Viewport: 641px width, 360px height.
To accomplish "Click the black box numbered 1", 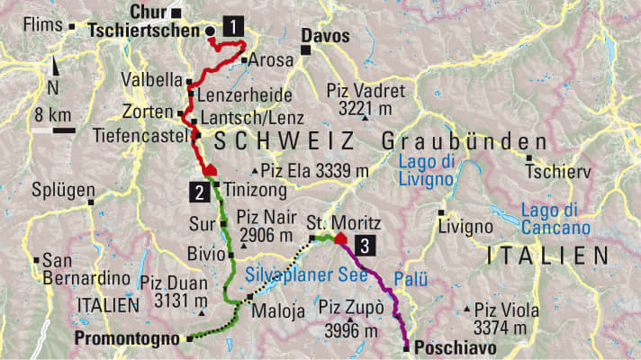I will pos(234,27).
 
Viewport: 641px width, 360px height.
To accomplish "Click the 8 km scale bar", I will pos(52,130).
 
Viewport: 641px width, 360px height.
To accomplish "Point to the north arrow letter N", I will pos(54,88).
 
